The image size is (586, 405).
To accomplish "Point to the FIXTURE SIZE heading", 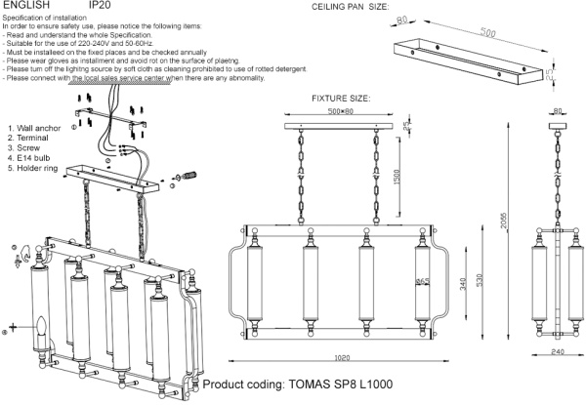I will [x=341, y=100].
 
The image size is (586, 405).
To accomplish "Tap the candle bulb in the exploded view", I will [x=42, y=329].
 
